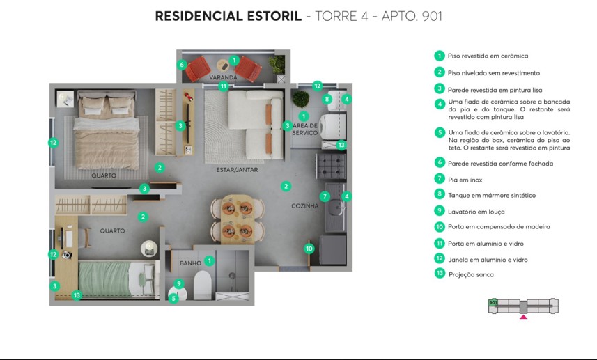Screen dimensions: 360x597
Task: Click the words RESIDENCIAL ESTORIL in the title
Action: click(x=228, y=16)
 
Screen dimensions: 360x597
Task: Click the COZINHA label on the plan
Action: click(x=305, y=206)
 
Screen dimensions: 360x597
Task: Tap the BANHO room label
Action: click(x=190, y=263)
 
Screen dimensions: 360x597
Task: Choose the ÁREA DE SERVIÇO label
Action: click(x=304, y=129)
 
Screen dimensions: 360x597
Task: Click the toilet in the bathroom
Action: click(x=202, y=285)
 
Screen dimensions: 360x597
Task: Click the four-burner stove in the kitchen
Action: click(x=332, y=166)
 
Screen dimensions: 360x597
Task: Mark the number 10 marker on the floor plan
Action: click(x=309, y=248)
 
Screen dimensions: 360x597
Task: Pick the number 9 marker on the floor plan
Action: click(x=179, y=283)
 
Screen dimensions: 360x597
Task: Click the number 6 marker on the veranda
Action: click(x=182, y=65)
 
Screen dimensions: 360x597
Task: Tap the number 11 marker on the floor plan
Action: click(x=223, y=86)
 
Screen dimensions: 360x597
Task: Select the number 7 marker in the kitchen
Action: click(x=325, y=196)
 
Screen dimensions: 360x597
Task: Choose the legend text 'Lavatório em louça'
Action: click(x=476, y=212)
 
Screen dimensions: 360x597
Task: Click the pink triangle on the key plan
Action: click(x=524, y=318)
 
